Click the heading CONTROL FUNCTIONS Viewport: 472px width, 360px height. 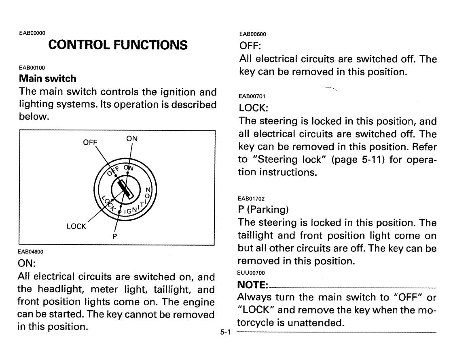[x=118, y=45]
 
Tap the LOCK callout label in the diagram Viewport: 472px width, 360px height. [x=76, y=227]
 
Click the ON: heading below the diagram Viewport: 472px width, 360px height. [x=28, y=264]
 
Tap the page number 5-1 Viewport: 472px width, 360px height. [x=225, y=333]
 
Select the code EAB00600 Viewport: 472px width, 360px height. [x=252, y=34]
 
